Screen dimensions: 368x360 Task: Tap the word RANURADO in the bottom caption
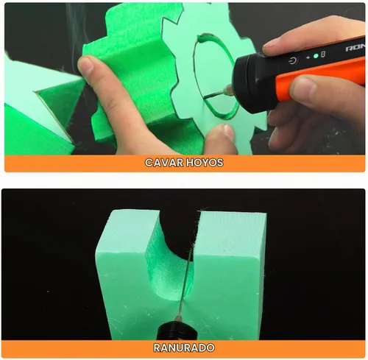coord(184,347)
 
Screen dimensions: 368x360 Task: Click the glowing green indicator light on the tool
coord(316,56)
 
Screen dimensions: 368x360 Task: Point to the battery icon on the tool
coord(323,54)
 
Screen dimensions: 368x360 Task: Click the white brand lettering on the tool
coord(355,47)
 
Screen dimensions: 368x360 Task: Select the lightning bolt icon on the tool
coord(308,58)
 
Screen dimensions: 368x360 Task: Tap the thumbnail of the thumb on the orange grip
coord(302,88)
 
